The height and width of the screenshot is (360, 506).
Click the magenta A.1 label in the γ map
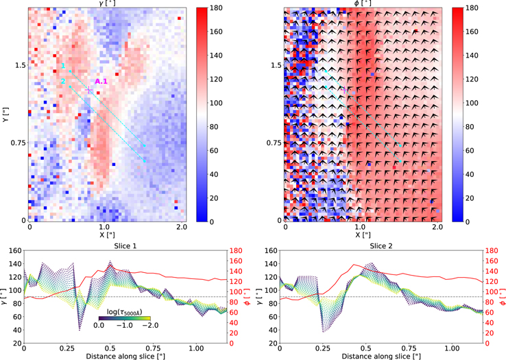click(102, 82)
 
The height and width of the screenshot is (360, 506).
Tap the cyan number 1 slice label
click(63, 66)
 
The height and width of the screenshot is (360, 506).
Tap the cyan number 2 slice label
click(63, 82)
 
